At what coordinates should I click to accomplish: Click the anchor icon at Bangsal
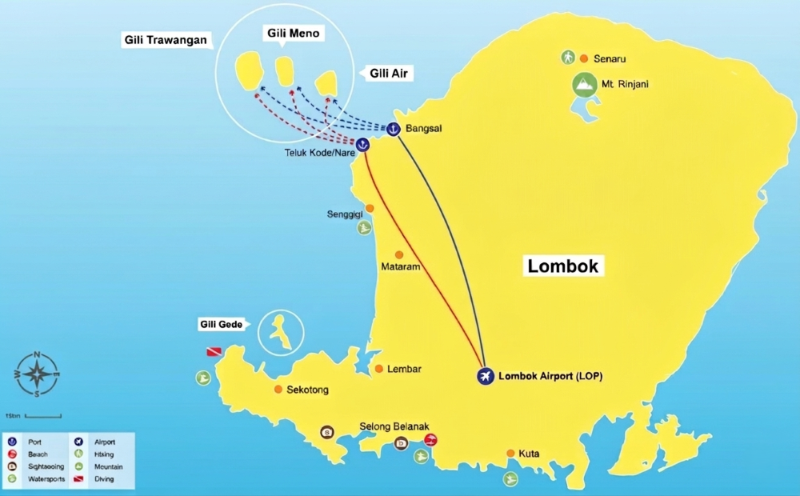tap(393, 128)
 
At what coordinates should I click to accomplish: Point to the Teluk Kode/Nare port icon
tap(362, 145)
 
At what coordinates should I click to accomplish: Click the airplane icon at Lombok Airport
tap(485, 376)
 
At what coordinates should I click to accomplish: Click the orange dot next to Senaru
tap(584, 58)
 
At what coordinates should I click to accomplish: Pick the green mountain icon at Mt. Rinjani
tap(585, 84)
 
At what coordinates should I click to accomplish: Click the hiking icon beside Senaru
tap(567, 58)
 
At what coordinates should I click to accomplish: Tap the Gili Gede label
tap(220, 325)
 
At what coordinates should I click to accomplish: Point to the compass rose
tap(37, 374)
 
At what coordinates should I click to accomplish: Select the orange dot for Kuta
tap(510, 454)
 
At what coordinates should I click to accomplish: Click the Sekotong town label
tap(307, 390)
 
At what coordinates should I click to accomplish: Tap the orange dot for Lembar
tap(379, 369)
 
